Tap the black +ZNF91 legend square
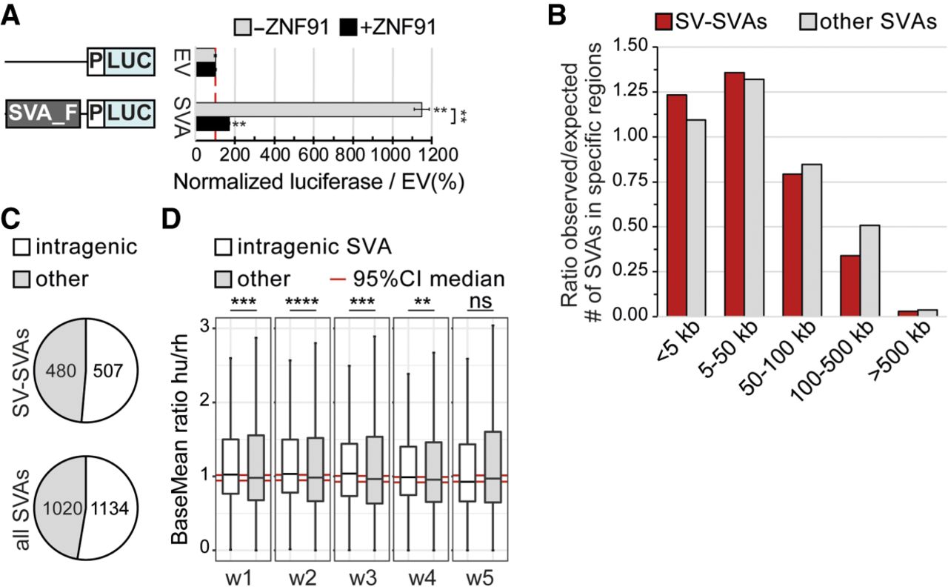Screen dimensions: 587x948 (x=349, y=28)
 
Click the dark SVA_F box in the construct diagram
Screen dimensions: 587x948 (x=41, y=114)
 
